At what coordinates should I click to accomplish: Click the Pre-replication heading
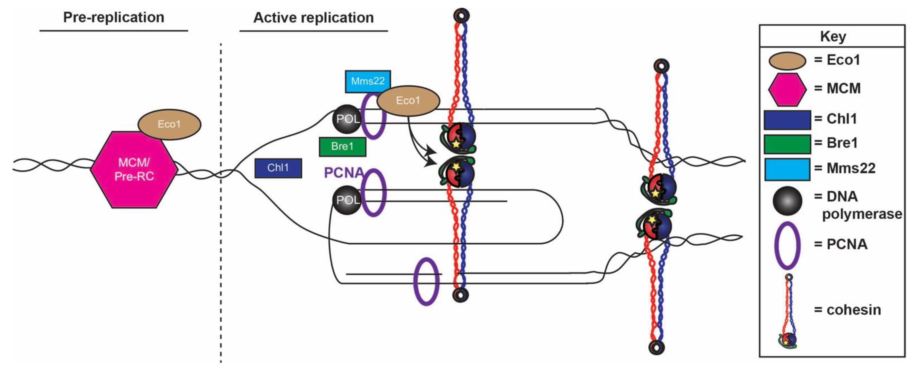click(114, 17)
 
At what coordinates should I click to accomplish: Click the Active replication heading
click(313, 18)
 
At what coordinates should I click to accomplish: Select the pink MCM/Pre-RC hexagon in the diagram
click(134, 170)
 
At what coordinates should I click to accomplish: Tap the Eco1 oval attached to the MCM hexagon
click(169, 124)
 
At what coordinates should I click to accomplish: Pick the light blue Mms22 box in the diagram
click(368, 81)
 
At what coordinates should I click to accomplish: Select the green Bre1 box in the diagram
click(342, 146)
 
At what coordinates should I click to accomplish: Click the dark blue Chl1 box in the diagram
click(278, 168)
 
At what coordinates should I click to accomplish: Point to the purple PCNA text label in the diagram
click(343, 173)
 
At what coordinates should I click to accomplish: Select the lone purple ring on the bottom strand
click(426, 281)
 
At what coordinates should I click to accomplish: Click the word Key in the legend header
click(833, 36)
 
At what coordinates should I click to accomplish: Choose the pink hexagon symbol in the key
click(787, 89)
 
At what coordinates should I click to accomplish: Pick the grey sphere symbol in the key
click(787, 201)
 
